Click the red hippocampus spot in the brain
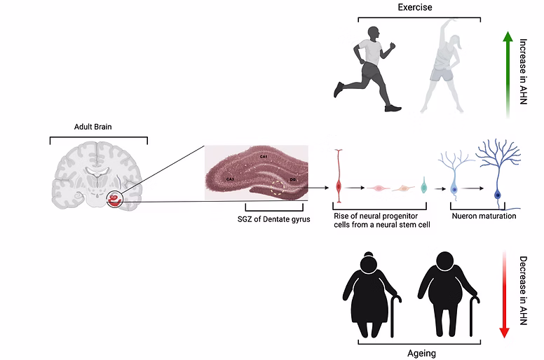point(114,202)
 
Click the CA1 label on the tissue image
point(263,155)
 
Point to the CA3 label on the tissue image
point(231,179)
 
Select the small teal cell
point(423,188)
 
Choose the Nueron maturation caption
point(484,216)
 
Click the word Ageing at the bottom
point(421,354)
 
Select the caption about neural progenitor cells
point(381,220)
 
